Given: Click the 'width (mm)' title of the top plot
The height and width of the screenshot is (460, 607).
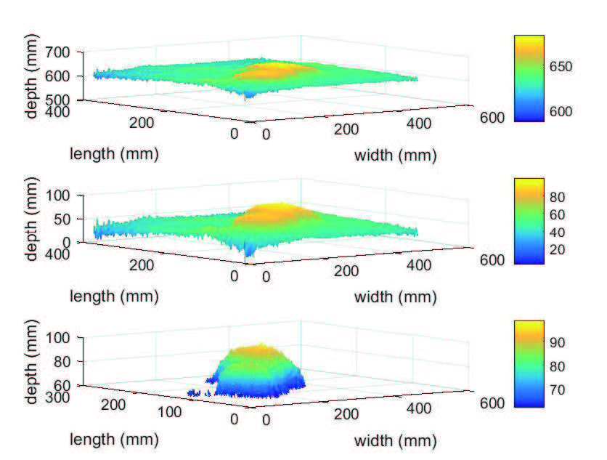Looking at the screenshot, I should click(x=395, y=155).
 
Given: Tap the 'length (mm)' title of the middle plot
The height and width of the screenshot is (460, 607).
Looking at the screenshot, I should click(x=114, y=296).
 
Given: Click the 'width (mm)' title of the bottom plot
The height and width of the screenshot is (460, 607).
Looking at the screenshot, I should click(x=395, y=440).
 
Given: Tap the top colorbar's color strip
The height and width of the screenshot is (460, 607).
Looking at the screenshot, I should click(x=529, y=77).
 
